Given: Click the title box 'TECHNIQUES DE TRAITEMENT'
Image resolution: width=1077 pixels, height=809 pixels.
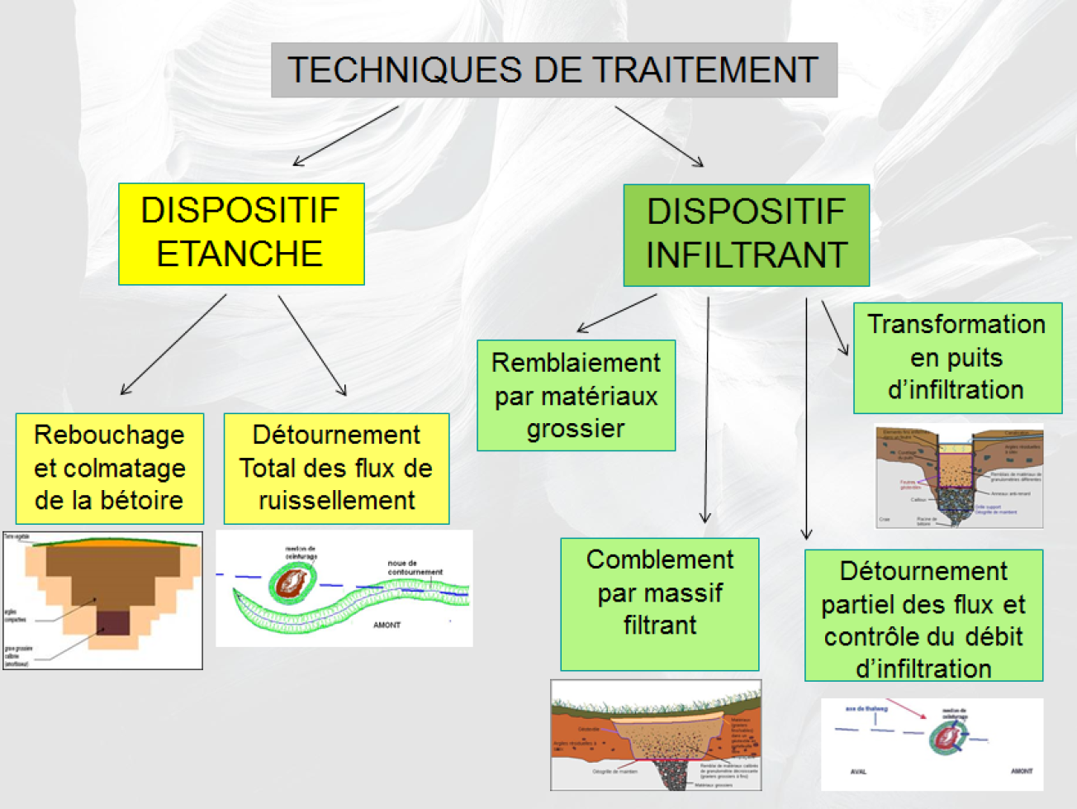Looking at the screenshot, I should coord(553,70).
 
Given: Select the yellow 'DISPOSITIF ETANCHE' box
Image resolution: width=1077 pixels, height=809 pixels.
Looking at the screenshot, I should coord(241,234).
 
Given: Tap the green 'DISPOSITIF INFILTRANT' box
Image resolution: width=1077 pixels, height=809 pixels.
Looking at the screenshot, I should coord(746,235).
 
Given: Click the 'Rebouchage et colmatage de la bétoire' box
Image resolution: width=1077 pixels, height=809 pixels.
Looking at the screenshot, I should coord(109,468).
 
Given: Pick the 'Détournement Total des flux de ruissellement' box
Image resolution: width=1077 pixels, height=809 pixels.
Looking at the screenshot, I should coord(336,468).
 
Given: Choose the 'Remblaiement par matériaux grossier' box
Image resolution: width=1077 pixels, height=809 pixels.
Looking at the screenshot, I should coord(576,395).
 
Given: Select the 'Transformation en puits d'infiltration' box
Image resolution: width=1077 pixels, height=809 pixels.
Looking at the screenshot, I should coord(956,357).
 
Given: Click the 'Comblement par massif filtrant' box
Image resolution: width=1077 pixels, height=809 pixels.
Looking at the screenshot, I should coord(659,603).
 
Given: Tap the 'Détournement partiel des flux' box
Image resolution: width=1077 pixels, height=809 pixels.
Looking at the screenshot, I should coord(923,615).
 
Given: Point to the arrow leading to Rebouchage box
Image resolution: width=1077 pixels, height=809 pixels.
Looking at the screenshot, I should coord(173,345).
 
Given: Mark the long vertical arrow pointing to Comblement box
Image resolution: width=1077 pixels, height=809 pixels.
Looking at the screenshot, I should coord(706,410).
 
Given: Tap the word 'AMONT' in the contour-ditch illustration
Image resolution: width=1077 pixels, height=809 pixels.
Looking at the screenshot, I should coord(387,625).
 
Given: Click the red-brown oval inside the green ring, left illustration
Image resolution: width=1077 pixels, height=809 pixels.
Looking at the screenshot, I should coord(292,583).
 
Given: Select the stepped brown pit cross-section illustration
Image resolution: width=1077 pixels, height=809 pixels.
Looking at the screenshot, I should coord(103,600).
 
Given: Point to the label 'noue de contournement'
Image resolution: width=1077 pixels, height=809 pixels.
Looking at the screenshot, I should coord(415,568).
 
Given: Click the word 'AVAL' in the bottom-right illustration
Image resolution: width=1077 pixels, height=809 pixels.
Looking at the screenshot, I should coord(858,772).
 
